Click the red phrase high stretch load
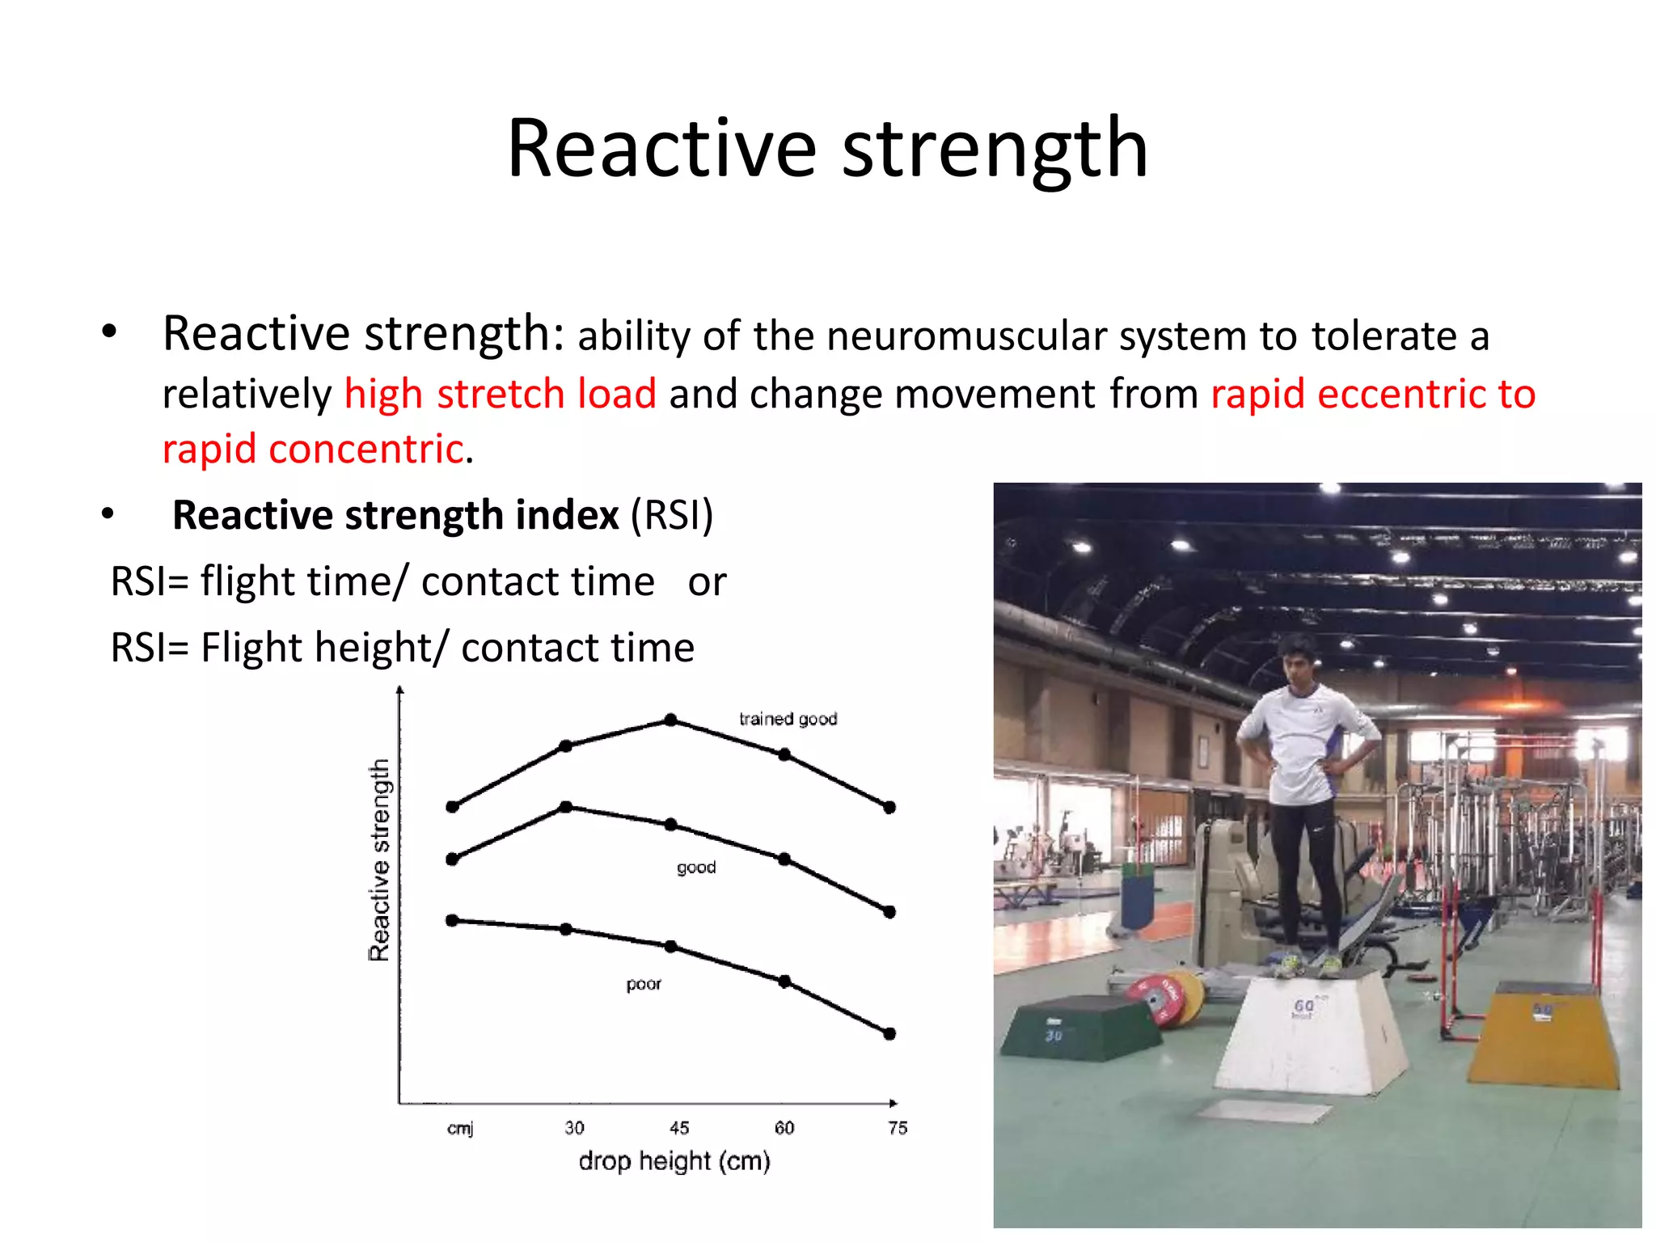(500, 395)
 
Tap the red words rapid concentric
(313, 450)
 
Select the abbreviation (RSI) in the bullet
(671, 515)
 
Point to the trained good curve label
(788, 719)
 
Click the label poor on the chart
(644, 984)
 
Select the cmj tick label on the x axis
(460, 1128)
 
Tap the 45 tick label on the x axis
(679, 1128)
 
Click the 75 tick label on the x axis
(898, 1128)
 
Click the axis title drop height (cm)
(674, 1161)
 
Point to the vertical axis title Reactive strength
(379, 860)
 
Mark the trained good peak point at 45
(670, 720)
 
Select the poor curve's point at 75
(889, 1033)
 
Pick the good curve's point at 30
(566, 807)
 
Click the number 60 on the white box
(1303, 1005)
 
